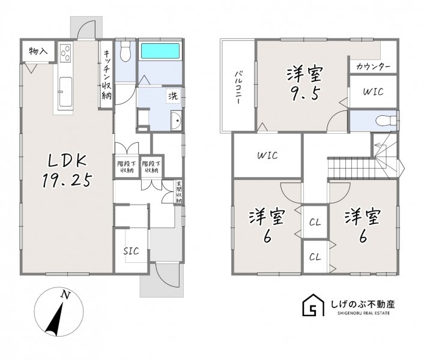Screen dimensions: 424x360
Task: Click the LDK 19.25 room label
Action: (x=67, y=170)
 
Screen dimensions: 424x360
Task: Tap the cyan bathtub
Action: (x=160, y=51)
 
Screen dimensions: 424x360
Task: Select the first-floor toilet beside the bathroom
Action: (x=126, y=52)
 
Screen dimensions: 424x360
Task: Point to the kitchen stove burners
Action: (x=65, y=53)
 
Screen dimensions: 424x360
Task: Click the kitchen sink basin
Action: (x=65, y=92)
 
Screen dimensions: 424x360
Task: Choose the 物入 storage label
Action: (x=38, y=51)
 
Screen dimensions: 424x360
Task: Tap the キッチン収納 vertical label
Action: (x=106, y=73)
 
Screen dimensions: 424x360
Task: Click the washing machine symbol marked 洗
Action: (x=174, y=96)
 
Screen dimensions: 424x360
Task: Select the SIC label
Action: (x=131, y=251)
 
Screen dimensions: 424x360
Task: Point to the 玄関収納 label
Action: (x=179, y=192)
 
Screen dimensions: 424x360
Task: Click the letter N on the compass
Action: (x=65, y=295)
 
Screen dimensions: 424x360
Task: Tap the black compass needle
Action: (x=55, y=319)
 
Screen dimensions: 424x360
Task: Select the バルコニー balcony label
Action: (x=238, y=88)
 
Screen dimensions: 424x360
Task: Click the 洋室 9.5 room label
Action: (x=304, y=84)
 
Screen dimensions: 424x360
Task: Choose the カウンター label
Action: (x=373, y=67)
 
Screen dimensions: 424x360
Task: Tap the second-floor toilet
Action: (x=386, y=121)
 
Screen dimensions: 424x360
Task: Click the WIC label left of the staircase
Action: (x=267, y=155)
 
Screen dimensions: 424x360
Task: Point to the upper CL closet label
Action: (x=315, y=223)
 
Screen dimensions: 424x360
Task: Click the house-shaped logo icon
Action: (x=313, y=305)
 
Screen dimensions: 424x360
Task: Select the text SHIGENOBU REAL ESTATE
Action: (x=364, y=313)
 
